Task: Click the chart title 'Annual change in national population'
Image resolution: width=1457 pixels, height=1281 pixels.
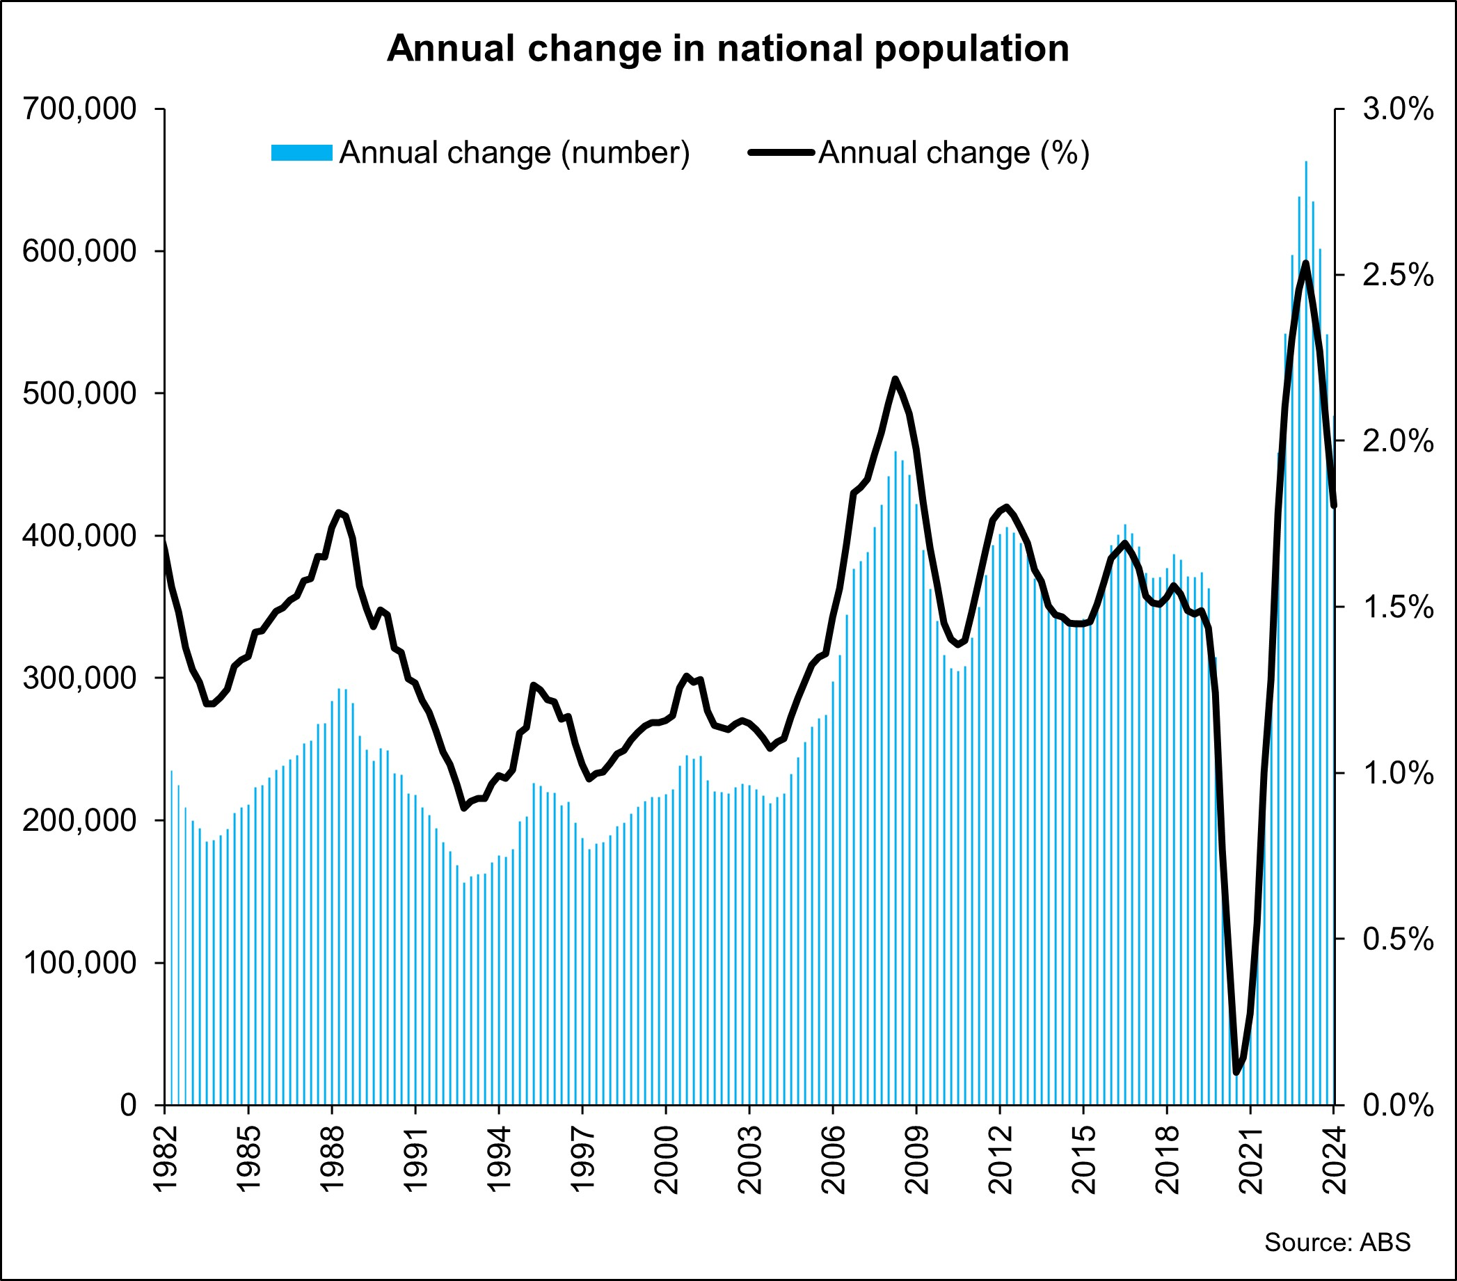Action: coord(728,49)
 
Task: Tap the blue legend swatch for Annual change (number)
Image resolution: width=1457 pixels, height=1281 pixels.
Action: coord(301,152)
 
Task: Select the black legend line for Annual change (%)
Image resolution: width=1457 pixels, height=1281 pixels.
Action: coord(781,152)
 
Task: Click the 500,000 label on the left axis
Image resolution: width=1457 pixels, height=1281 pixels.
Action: coord(79,394)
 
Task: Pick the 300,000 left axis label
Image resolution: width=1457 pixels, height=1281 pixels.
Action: coord(79,678)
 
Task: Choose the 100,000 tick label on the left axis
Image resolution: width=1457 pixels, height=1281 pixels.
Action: coord(79,962)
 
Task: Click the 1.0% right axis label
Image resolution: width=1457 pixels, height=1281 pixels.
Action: coord(1398,773)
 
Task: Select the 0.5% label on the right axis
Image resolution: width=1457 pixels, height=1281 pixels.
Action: coord(1398,939)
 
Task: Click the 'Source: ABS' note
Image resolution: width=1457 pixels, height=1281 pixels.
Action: coord(1337,1242)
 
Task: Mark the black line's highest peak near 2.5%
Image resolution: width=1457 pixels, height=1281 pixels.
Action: coord(1306,264)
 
